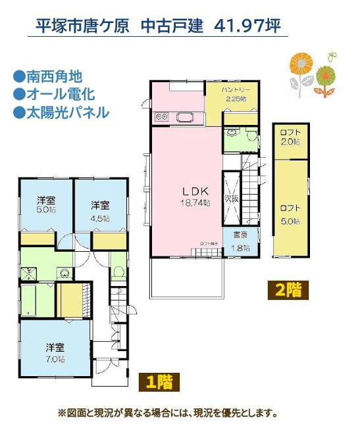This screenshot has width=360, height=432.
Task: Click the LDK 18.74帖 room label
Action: point(195,196)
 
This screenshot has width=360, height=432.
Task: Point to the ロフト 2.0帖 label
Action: point(290,136)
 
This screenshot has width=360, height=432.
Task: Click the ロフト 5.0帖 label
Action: point(290,214)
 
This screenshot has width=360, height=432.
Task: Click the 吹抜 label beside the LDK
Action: point(231,197)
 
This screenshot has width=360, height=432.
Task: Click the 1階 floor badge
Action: point(158,381)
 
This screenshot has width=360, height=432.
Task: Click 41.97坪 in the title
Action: point(247,26)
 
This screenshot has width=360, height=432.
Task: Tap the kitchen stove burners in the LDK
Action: point(162,118)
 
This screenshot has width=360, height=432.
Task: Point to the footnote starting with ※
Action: point(167,414)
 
